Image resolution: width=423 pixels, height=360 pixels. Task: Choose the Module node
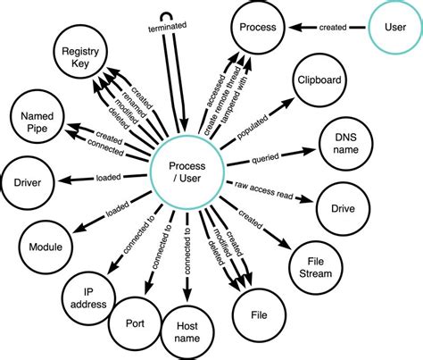point(45,247)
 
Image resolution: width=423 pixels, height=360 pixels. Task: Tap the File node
point(261,315)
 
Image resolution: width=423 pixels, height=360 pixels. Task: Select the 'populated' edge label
point(257,127)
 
